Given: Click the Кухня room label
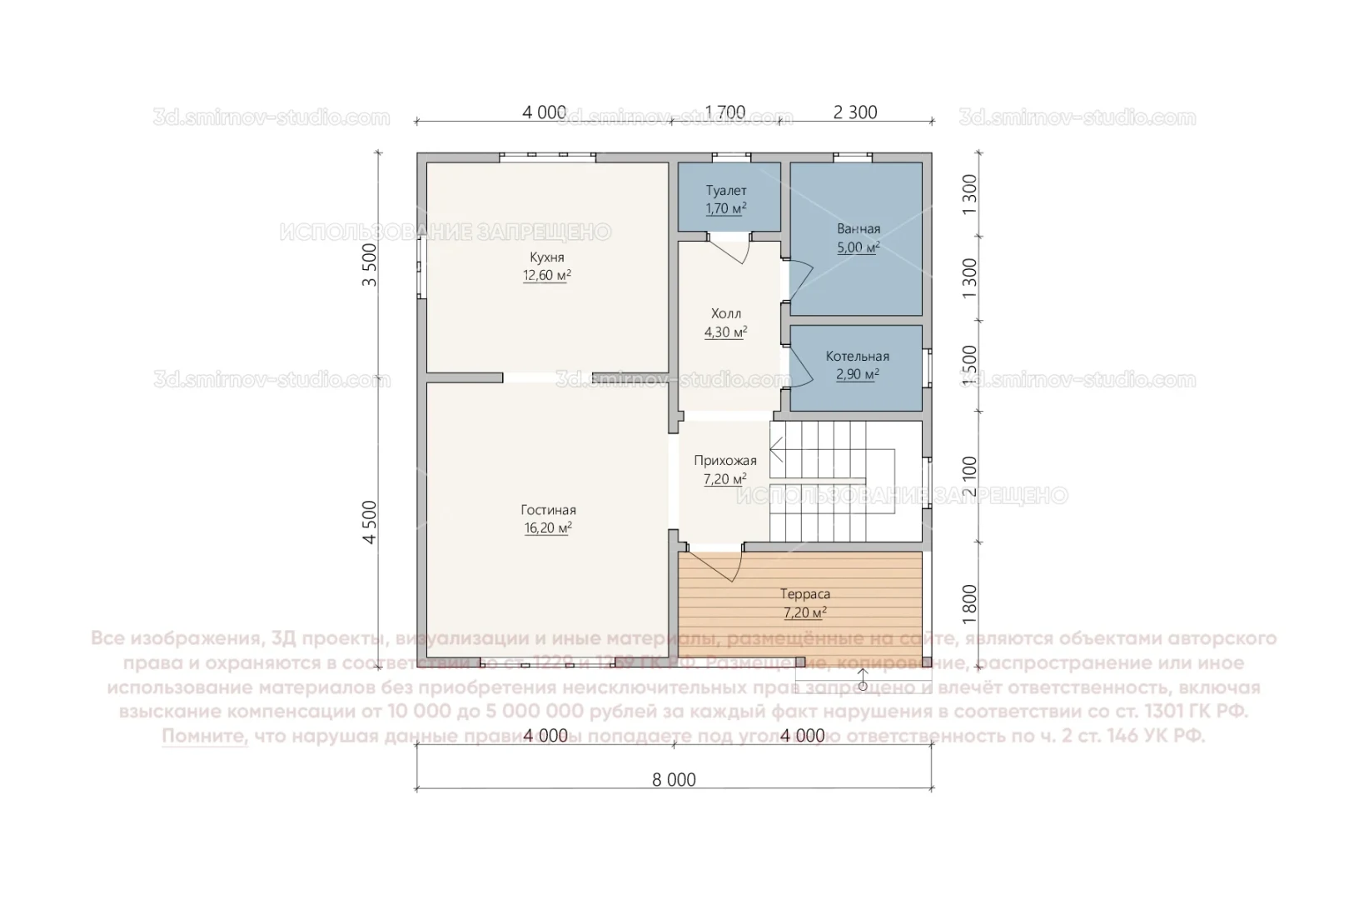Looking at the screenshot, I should click(x=547, y=257).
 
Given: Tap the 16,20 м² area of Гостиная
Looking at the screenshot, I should click(x=548, y=528).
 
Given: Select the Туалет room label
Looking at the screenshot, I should click(x=726, y=191).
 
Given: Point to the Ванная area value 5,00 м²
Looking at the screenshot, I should click(x=859, y=247).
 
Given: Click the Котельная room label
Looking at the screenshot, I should click(x=858, y=357).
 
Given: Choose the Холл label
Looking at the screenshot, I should click(x=726, y=314).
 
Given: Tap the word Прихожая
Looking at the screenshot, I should click(x=725, y=461).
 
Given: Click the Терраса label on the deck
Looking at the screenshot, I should click(x=805, y=595).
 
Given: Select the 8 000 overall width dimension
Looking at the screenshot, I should click(x=674, y=780).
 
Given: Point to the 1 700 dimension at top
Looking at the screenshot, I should click(x=725, y=112).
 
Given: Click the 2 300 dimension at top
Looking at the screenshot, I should click(x=855, y=112).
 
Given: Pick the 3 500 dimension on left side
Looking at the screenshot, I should click(x=370, y=265).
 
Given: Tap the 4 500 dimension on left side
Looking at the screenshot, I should click(x=370, y=522).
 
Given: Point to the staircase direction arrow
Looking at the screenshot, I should click(x=777, y=454).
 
